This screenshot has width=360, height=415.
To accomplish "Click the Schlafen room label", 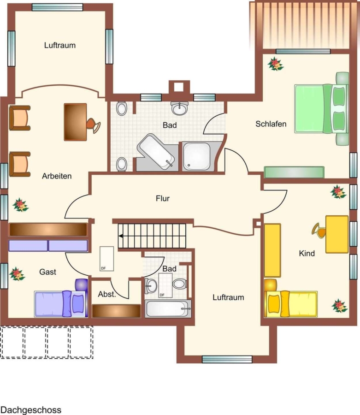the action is coord(271,124).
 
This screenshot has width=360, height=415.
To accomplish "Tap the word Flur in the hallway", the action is coord(162,198).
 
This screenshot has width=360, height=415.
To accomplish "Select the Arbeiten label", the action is coord(57,176).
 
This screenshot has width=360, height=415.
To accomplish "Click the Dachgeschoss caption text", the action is coord(31,410).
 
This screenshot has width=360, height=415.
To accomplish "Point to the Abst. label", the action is coord(107,294).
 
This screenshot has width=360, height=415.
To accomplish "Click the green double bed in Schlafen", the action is coord(321,109).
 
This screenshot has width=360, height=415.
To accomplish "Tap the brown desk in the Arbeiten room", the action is coord(76,122).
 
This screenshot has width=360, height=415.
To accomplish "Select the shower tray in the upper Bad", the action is coord(197,156).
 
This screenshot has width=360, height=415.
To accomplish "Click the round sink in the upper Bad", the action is coord(179,108).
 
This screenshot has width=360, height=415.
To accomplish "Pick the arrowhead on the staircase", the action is coord(121,236).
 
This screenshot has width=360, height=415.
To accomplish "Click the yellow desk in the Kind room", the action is coord(337,235).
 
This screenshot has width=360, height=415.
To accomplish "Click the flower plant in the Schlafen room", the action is coord(275,64).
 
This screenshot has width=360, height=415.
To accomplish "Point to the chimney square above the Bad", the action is coord(179,87).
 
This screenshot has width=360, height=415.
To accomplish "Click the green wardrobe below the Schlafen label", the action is coord(294,172).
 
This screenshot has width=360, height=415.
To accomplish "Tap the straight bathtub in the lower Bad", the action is coord(168,308).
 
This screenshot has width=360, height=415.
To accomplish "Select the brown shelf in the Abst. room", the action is coord(116,311).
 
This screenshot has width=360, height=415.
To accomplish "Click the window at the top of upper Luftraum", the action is coord(58,7).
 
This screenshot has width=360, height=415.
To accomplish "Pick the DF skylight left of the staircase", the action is coord(106,259).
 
